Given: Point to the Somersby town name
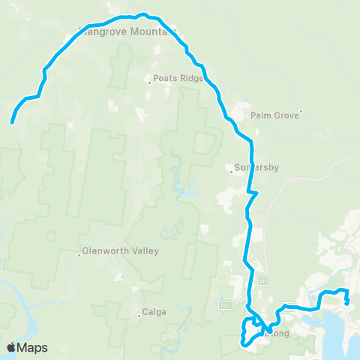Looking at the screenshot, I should click(x=257, y=168).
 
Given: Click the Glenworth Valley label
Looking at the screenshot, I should click(x=121, y=251).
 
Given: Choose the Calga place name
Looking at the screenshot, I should click(x=154, y=312).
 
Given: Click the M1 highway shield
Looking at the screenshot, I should click(x=262, y=281).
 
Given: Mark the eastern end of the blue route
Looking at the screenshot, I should click(x=346, y=303).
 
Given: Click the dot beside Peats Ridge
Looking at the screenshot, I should click(x=149, y=82).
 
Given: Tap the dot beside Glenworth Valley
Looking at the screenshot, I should click(x=79, y=254).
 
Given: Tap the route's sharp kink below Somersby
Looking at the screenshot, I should click(x=256, y=193).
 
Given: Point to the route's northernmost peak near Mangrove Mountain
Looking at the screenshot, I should click(x=141, y=13).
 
